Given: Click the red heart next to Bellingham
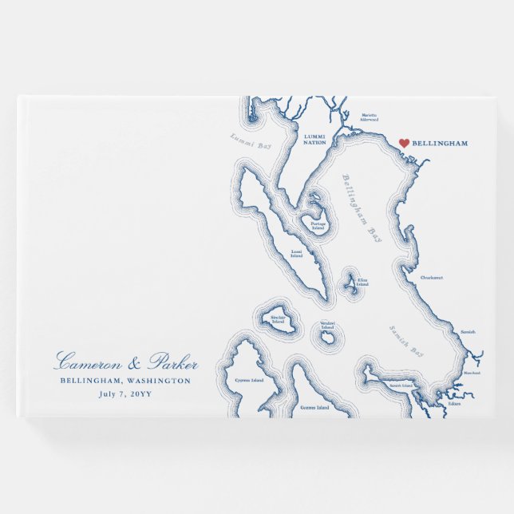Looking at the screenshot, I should [404, 143].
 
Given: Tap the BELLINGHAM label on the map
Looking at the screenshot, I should [440, 143].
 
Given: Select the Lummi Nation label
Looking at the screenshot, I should [315, 140].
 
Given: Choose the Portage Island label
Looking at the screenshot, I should [318, 226].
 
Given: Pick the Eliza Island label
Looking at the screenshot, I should [362, 281].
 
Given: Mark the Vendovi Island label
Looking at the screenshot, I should [327, 326].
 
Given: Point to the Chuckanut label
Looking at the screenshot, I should [432, 278].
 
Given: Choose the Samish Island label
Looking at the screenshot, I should [401, 385].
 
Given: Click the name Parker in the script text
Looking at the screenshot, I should [170, 363].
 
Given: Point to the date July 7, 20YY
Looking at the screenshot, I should [126, 393].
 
